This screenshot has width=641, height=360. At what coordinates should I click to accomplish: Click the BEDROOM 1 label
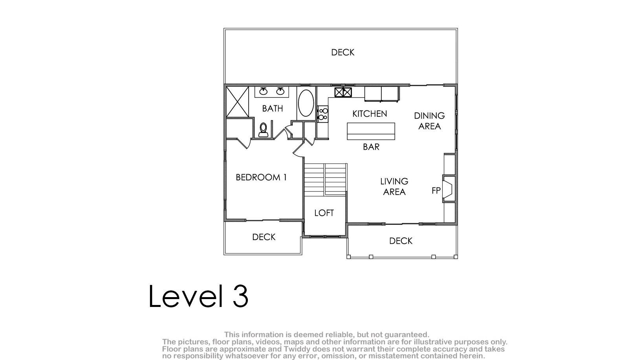(261, 177)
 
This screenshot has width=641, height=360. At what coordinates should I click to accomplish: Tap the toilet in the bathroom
(263, 130)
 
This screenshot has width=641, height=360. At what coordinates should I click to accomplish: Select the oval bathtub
(306, 103)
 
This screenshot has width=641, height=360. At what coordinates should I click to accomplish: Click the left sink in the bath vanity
(263, 91)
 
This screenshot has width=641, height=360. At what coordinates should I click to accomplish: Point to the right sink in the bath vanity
(280, 91)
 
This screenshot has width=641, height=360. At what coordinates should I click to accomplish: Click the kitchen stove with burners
(323, 114)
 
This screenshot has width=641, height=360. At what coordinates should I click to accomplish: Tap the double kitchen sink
(343, 92)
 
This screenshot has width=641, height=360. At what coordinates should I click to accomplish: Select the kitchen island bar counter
(371, 131)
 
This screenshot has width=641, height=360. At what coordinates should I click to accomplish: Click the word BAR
(371, 147)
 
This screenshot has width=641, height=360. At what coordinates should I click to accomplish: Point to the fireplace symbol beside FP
(448, 189)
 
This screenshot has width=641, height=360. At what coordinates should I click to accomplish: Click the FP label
(436, 191)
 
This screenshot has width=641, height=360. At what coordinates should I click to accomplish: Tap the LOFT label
(324, 213)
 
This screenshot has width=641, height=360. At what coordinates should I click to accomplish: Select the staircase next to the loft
(325, 180)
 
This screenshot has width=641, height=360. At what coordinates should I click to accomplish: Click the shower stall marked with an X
(238, 102)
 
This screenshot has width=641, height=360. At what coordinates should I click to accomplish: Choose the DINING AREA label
(429, 121)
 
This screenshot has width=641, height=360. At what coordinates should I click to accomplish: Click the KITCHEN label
(370, 114)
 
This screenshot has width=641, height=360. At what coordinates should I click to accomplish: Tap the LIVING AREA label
(394, 186)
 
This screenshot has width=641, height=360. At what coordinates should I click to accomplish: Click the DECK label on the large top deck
(343, 52)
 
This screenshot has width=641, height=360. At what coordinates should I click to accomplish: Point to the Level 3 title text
(198, 296)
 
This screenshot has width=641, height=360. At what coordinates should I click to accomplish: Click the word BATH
(273, 108)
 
